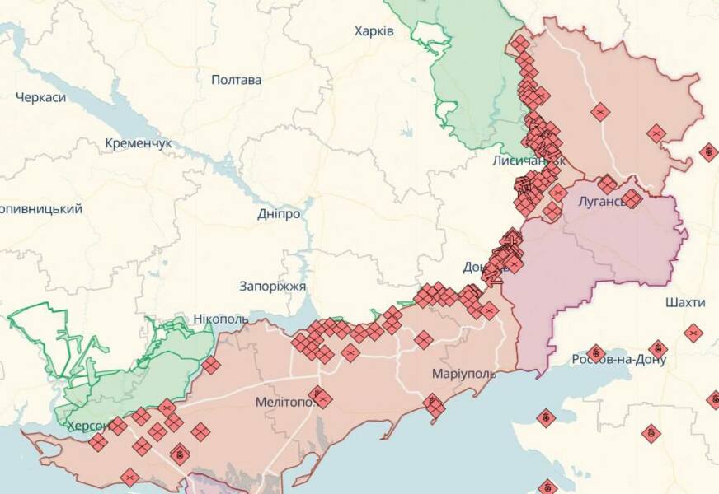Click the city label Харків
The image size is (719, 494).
(374, 31)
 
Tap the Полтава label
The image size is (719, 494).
(237, 80)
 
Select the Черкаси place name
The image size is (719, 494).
(40, 97)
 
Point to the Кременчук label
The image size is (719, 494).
(139, 143)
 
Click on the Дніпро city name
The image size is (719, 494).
(279, 213)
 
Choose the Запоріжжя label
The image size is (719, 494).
(272, 287)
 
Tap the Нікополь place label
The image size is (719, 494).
(220, 319)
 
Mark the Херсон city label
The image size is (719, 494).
(87, 426)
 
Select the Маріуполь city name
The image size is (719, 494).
(464, 374)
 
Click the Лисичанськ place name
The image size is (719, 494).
(528, 161)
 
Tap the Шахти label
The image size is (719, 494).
(684, 303)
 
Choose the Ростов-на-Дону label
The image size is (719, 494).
(618, 360)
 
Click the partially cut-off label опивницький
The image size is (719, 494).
(41, 209)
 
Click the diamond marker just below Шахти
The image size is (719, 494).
(693, 333)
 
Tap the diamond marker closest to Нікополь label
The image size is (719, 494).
(211, 366)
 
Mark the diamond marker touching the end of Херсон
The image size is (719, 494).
(117, 426)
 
